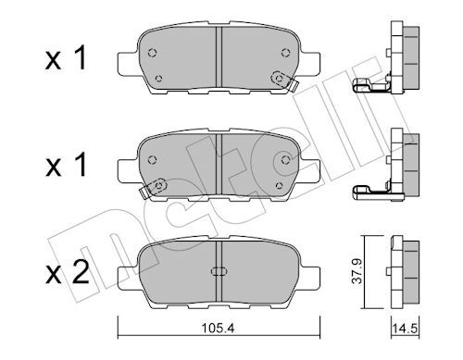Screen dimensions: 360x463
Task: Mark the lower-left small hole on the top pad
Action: coord(157,78)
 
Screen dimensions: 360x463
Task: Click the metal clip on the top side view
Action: coord(369,87)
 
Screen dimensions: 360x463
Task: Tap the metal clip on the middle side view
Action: coord(369,192)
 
